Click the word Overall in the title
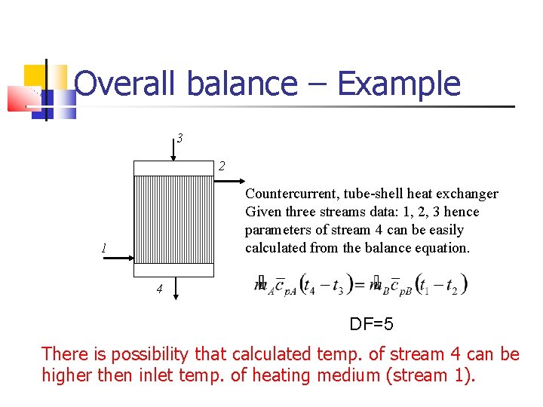pyautogui.click(x=126, y=84)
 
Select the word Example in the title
pyautogui.click(x=398, y=84)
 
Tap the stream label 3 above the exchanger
pyautogui.click(x=179, y=138)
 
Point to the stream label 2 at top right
pyautogui.click(x=222, y=166)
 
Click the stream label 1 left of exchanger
pyautogui.click(x=104, y=248)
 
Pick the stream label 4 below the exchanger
pyautogui.click(x=159, y=289)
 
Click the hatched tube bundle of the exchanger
pyautogui.click(x=173, y=219)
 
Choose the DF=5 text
pyautogui.click(x=371, y=325)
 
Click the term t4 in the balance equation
pyautogui.click(x=308, y=285)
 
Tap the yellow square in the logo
pyautogui.click(x=35, y=77)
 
